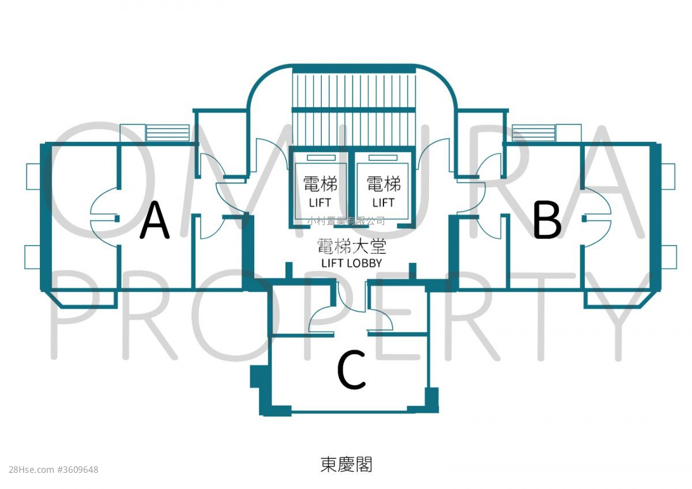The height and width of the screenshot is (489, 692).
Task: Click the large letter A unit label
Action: [x=155, y=220]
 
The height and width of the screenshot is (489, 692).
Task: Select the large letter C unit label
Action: [x=351, y=371]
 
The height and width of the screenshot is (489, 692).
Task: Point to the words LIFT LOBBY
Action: [x=351, y=263]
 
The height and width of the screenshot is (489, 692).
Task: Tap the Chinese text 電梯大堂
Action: [x=351, y=247]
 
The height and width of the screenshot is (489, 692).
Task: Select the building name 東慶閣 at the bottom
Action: [x=346, y=464]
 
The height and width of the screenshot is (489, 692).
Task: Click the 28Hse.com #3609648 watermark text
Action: [x=54, y=469]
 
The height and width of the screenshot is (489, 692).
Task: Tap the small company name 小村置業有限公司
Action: [x=346, y=221]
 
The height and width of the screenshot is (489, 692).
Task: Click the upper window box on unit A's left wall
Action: [x=33, y=176]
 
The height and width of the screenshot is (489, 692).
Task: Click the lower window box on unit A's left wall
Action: [x=32, y=257]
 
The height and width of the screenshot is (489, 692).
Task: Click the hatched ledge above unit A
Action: [x=167, y=133]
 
